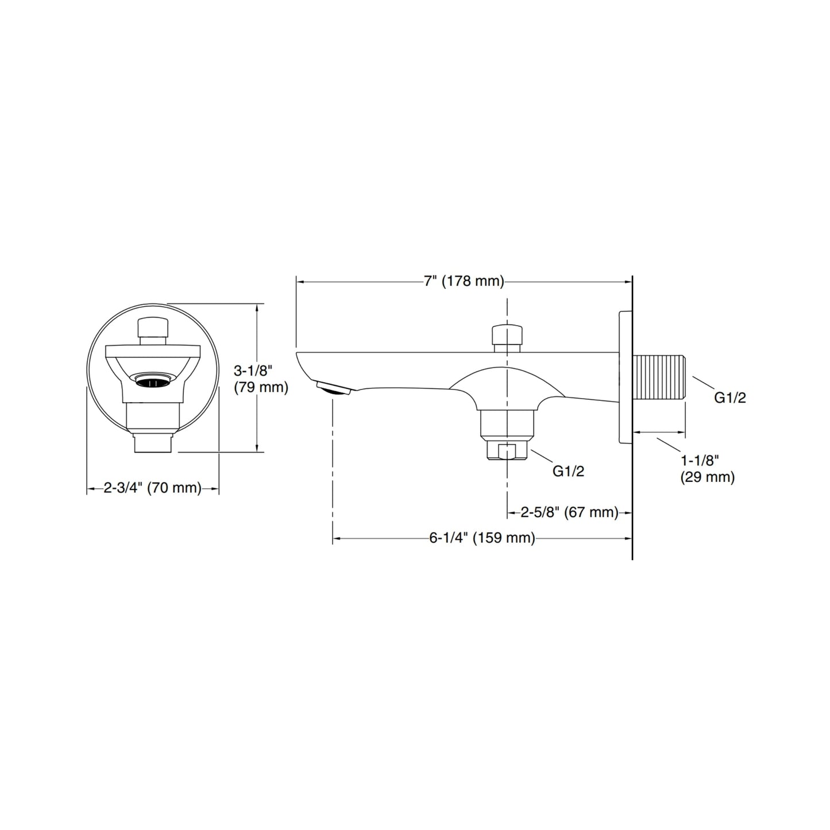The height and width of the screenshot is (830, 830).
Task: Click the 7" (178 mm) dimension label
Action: click(464, 281)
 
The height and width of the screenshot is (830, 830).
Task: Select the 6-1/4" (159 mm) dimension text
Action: click(482, 538)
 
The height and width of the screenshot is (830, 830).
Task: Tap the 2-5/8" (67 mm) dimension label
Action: click(569, 512)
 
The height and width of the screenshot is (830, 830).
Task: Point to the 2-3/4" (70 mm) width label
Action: click(152, 488)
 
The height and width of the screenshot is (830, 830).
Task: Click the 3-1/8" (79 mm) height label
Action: click(261, 379)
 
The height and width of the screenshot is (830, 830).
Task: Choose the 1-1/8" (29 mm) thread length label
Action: click(708, 469)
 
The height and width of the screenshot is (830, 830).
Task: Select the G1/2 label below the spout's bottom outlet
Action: click(569, 472)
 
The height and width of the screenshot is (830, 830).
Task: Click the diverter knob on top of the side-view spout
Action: click(507, 339)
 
